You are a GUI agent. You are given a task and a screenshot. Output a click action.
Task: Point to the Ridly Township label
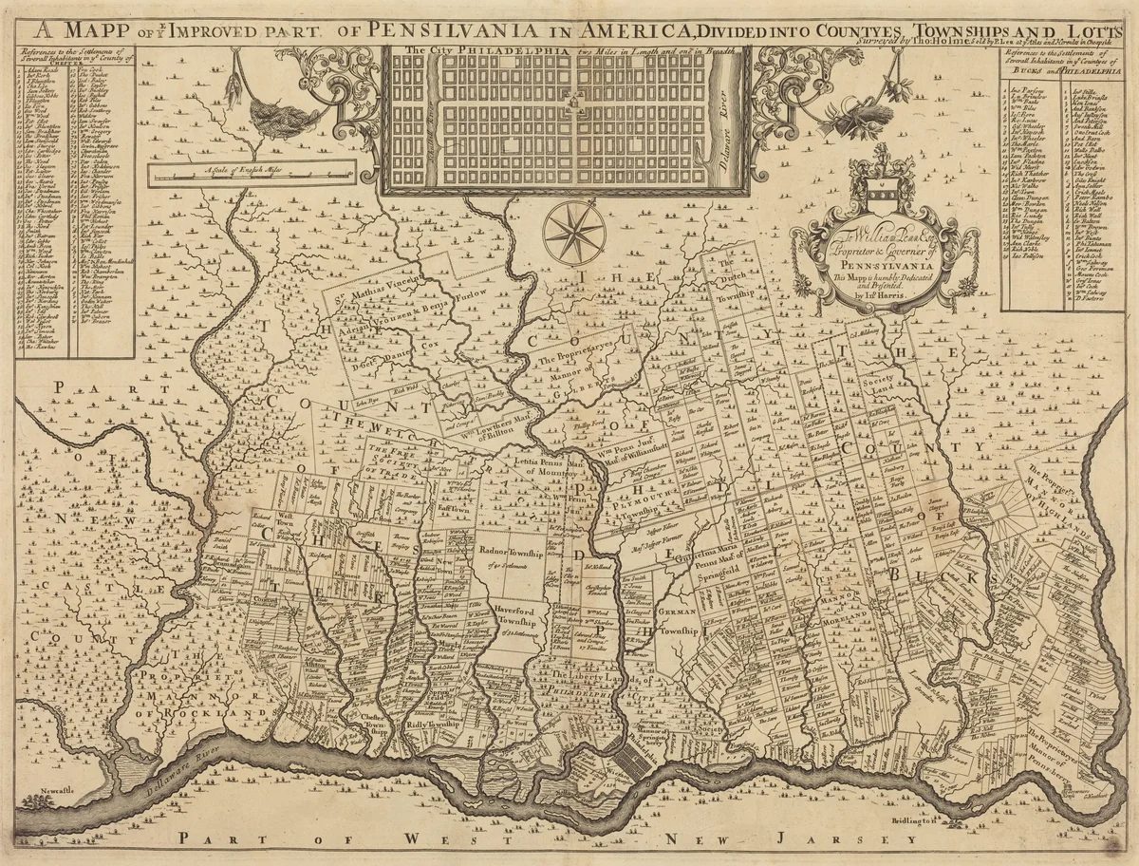pyautogui.click(x=432, y=724)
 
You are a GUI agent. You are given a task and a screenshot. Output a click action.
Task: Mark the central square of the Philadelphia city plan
pyautogui.click(x=572, y=100)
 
